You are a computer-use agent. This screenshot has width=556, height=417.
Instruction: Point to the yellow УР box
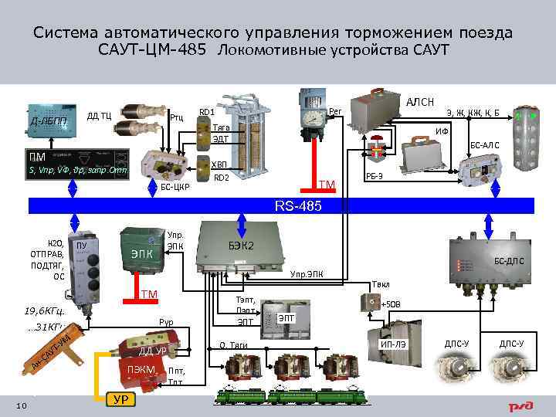click(120, 398)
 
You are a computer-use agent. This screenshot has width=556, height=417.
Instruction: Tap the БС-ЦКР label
click(164, 187)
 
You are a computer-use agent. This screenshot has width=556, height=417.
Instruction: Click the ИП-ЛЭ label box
click(394, 343)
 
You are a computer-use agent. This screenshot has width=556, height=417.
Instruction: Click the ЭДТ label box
click(222, 139)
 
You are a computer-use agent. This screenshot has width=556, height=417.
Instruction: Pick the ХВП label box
click(220, 164)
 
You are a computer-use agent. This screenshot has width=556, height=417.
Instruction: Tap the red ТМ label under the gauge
click(327, 183)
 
